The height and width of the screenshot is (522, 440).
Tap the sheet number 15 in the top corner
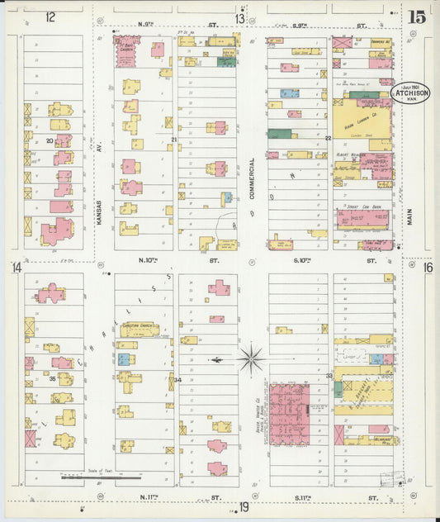[416, 17]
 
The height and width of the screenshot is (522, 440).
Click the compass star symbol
[251, 358]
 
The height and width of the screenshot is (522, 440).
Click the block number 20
[50, 141]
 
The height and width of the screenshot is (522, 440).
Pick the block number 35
[51, 378]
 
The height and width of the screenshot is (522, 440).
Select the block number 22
[328, 137]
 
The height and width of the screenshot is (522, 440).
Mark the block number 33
[329, 376]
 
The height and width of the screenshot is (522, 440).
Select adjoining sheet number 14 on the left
[16, 267]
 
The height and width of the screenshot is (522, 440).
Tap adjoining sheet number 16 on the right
[428, 267]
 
